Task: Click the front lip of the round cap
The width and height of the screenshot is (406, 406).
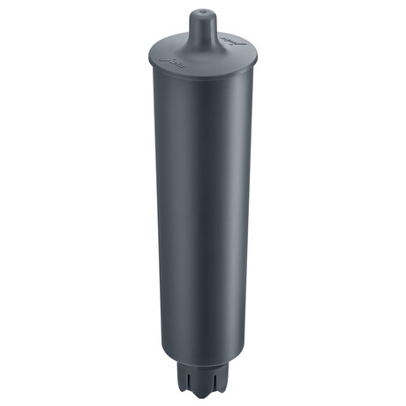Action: pyautogui.click(x=201, y=78)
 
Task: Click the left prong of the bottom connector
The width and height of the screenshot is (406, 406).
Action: pyautogui.click(x=189, y=383)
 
